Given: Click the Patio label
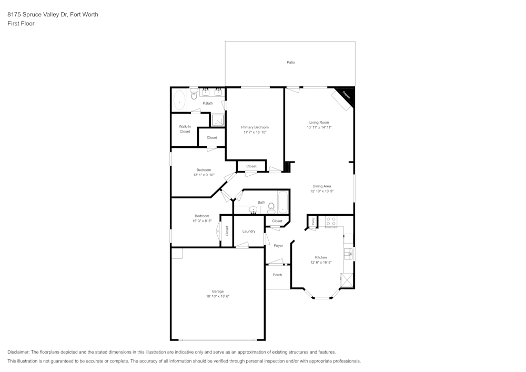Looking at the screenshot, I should (290, 62).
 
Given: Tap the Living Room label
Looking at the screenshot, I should (319, 123).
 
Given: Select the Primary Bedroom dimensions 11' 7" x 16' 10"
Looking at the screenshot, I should (255, 133).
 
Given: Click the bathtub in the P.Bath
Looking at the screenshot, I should (179, 99).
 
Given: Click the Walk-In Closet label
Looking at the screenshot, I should (185, 129).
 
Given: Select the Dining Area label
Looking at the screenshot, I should (321, 186).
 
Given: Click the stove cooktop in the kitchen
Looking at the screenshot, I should (331, 222).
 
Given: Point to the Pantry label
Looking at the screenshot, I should (313, 222).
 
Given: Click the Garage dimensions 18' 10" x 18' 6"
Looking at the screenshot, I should (218, 296).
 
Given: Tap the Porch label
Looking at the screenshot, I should (277, 275).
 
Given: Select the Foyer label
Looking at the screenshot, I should (278, 246).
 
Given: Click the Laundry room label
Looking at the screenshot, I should (249, 232).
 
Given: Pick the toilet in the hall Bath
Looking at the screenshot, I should (271, 206).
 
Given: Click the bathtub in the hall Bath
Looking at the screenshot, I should (283, 202).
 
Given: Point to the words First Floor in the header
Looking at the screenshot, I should (21, 24).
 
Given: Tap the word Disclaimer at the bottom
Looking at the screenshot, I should (18, 352).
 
